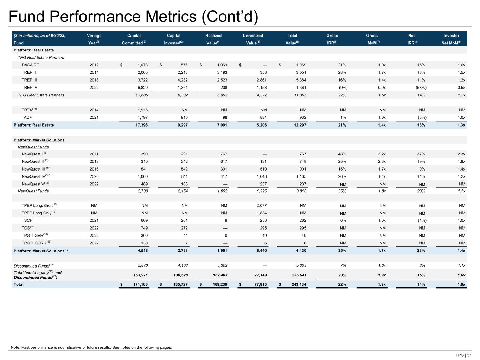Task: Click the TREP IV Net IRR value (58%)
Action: [421, 88]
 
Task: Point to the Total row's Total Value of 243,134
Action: [297, 284]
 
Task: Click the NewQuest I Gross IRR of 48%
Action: [342, 154]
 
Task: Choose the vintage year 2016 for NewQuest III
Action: [94, 169]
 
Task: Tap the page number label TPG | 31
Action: [463, 355]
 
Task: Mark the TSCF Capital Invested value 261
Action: [184, 221]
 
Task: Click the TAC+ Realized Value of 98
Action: [224, 118]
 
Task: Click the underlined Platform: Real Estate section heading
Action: [34, 50]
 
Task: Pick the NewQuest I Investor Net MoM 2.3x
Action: [461, 154]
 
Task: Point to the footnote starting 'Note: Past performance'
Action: [91, 347]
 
